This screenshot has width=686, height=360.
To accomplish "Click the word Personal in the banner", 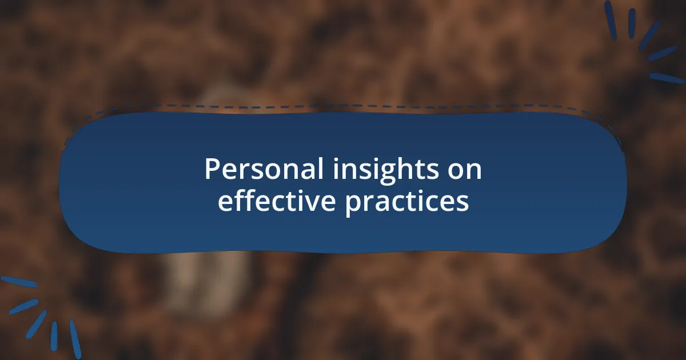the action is click(264, 169).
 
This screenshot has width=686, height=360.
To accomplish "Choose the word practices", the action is click(407, 203).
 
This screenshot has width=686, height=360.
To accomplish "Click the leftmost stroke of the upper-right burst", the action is click(611, 21).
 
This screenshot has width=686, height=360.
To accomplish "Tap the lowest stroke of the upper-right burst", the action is click(667, 78).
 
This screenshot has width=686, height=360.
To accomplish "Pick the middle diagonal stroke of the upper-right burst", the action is click(649, 36).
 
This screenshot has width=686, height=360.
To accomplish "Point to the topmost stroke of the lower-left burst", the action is click(19, 282).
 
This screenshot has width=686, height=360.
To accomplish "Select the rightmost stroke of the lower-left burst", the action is click(75, 339).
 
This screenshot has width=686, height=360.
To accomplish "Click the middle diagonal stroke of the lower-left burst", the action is click(36, 325).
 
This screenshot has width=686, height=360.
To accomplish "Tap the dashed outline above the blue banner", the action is click(343, 106).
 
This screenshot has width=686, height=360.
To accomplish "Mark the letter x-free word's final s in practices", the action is click(462, 203).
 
